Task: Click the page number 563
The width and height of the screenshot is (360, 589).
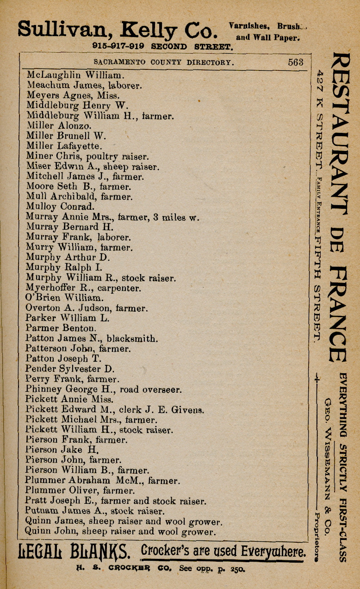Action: point(295,62)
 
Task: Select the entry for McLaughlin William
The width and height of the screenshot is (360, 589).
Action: point(75,75)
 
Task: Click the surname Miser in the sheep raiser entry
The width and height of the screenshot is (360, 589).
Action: point(38,166)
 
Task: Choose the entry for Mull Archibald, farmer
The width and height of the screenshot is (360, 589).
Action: point(79,196)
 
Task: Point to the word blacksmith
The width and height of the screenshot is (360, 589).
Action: point(135,338)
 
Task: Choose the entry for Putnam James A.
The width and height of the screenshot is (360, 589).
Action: point(95,511)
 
